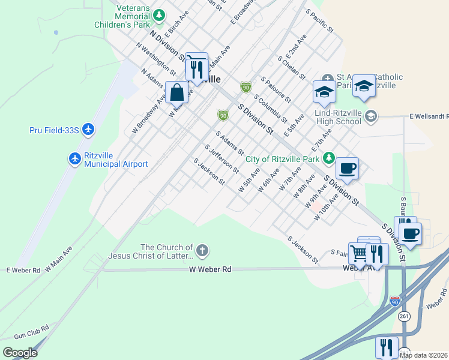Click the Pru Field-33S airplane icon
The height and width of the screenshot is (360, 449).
(x=88, y=130)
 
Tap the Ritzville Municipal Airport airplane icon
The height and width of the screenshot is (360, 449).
(x=75, y=158)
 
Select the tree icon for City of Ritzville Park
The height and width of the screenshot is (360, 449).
(x=328, y=158)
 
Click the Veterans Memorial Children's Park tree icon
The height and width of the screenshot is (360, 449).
(x=160, y=14)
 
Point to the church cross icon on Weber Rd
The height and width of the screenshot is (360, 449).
(x=203, y=250)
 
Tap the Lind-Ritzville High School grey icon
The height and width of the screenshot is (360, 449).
(x=370, y=116)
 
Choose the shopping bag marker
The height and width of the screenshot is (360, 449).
(x=176, y=93)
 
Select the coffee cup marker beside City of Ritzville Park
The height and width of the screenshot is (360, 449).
(x=346, y=169)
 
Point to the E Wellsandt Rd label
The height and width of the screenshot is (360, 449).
(x=429, y=116)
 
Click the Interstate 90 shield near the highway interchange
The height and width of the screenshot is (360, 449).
(x=394, y=301)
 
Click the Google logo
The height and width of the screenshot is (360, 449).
(x=20, y=353)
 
